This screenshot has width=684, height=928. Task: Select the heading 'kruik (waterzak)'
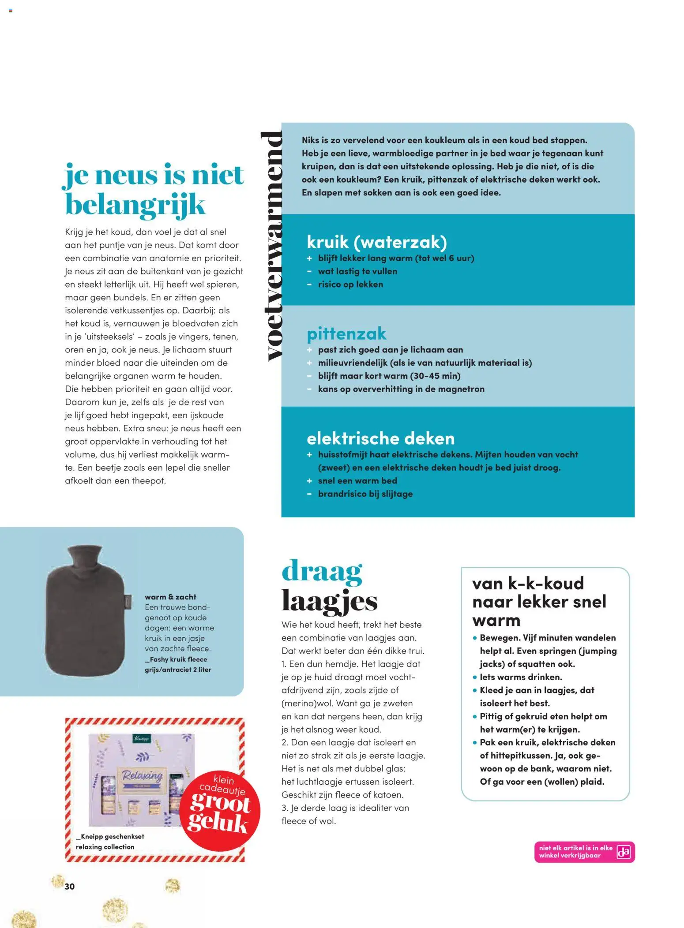tap(376, 242)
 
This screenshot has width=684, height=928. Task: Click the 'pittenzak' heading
tap(346, 333)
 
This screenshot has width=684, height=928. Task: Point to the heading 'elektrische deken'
tap(380, 438)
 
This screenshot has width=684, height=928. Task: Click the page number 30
tap(70, 886)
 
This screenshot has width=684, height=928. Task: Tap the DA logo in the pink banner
tap(624, 852)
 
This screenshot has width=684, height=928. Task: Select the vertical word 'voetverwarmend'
tap(271, 245)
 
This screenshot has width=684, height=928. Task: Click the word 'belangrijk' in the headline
tap(135, 205)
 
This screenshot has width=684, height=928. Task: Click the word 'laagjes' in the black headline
tap(330, 601)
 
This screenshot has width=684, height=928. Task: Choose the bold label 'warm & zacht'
tap(170, 597)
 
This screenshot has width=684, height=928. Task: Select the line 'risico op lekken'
tap(350, 284)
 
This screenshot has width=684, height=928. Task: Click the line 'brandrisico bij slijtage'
tap(365, 494)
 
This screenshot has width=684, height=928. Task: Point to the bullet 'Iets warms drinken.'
tap(521, 677)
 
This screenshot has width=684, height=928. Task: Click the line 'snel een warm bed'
tap(357, 481)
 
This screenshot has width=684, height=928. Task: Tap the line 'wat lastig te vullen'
tap(357, 271)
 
